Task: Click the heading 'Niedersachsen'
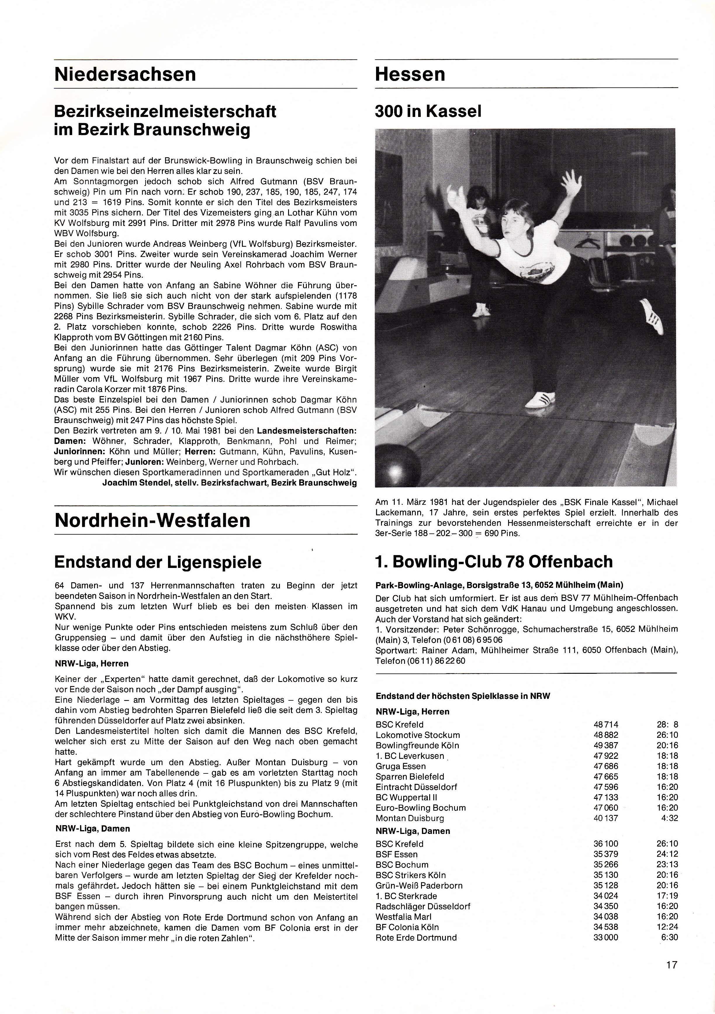tap(125, 74)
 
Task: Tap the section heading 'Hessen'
tap(410, 74)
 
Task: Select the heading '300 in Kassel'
tap(428, 111)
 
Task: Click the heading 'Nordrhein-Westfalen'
tap(152, 520)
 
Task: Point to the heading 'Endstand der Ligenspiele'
tap(157, 562)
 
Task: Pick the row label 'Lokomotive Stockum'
tap(418, 735)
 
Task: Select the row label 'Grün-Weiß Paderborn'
tap(419, 885)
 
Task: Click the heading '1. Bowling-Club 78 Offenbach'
tap(494, 562)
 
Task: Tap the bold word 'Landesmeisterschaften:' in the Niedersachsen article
tap(307, 430)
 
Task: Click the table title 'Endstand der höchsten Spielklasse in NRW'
tap(463, 696)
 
